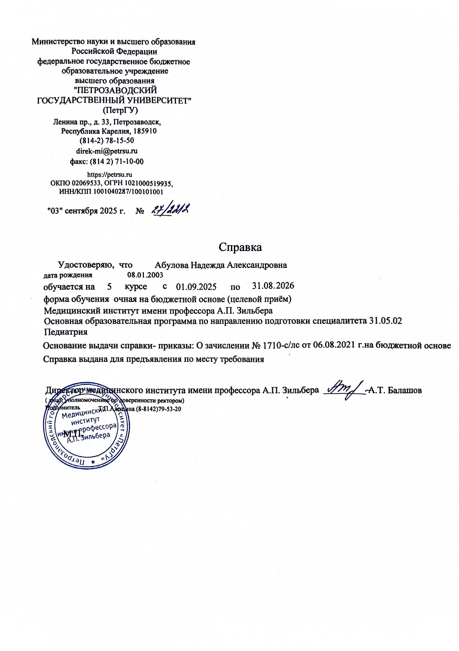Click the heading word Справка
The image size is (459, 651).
(240, 247)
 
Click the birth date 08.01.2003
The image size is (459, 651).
(145, 275)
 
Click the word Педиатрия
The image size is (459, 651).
(66, 332)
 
